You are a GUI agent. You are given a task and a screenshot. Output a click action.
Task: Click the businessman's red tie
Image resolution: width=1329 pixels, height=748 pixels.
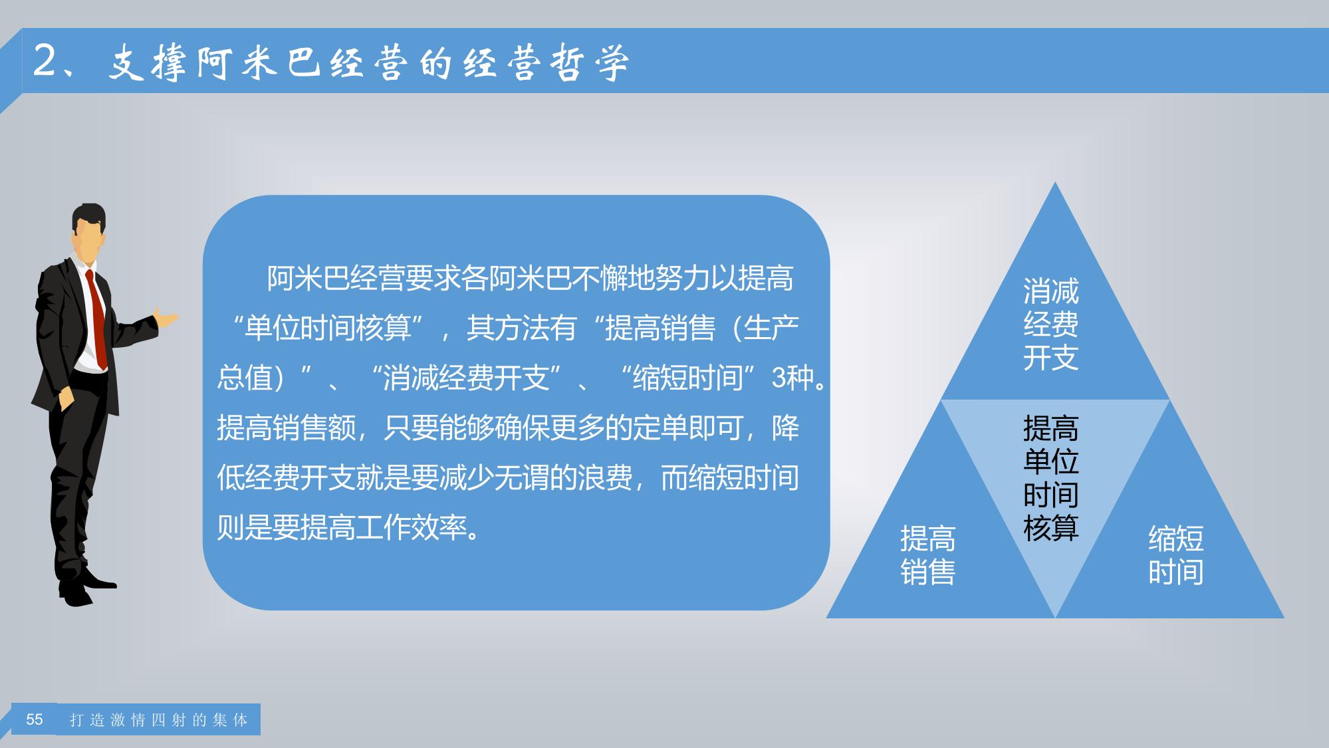tap(98, 319)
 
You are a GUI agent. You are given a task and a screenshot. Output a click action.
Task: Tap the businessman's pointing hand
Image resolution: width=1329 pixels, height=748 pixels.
tap(166, 318)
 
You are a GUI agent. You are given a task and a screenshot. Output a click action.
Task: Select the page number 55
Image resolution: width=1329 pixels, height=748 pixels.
tap(35, 719)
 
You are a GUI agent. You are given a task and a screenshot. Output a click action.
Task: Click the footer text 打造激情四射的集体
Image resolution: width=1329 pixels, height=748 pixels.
tap(159, 720)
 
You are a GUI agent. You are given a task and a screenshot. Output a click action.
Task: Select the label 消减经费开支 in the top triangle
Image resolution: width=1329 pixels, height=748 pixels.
tap(1050, 324)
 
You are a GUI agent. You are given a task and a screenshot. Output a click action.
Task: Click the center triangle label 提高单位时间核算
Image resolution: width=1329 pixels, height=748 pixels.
tap(1050, 478)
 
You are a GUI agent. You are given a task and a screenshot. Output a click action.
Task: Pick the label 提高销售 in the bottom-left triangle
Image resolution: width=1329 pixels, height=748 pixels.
tap(927, 555)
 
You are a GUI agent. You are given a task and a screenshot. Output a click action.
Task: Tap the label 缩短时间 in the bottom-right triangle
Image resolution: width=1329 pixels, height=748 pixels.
tap(1175, 555)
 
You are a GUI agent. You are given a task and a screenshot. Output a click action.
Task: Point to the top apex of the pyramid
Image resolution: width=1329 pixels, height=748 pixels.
tap(1054, 182)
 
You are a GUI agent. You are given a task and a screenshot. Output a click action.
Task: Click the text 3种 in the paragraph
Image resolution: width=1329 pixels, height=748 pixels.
tap(793, 378)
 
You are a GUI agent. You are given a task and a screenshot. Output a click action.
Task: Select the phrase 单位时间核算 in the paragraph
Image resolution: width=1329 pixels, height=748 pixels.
tap(328, 328)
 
